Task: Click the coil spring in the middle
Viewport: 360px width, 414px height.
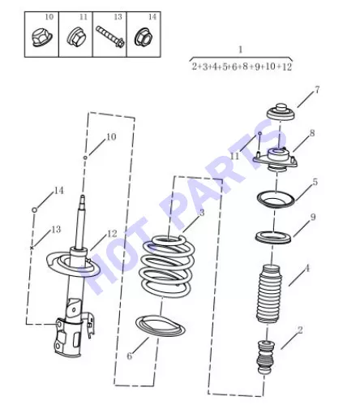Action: [167, 266]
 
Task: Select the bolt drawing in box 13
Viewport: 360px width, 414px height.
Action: [110, 37]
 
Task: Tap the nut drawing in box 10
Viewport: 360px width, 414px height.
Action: [41, 38]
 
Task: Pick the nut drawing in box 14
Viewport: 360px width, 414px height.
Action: [144, 37]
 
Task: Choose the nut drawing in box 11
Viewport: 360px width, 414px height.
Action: [75, 37]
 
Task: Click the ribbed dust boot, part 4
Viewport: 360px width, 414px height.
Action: [269, 294]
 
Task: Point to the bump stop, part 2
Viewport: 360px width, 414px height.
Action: [266, 357]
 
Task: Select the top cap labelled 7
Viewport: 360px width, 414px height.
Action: [281, 112]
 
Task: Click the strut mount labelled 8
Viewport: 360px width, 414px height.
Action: [276, 160]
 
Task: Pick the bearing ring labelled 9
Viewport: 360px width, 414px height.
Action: [273, 237]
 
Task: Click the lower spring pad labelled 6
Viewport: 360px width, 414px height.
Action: [161, 326]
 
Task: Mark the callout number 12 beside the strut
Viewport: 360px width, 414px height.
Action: [112, 234]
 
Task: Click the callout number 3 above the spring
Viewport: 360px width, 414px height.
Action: [202, 213]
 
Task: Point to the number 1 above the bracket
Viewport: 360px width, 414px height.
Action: [240, 50]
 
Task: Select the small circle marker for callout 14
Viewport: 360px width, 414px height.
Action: [34, 209]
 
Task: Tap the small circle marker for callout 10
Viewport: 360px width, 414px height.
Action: [85, 157]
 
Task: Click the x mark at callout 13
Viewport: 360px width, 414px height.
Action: [32, 248]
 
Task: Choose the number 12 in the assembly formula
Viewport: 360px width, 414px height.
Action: [287, 67]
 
